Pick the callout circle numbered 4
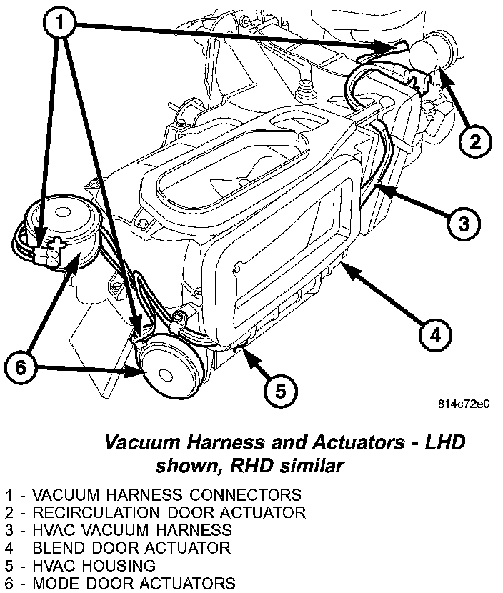(x=435, y=334)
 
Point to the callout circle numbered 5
(x=281, y=390)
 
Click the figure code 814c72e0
(x=464, y=404)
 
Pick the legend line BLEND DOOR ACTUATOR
(x=117, y=548)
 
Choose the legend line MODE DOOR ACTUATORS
(x=118, y=584)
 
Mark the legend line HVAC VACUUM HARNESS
(x=118, y=530)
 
